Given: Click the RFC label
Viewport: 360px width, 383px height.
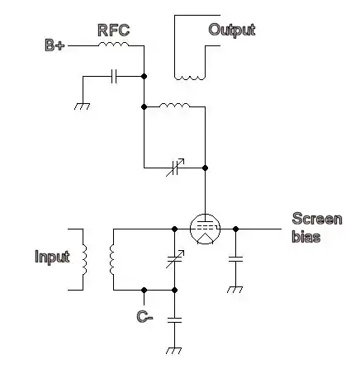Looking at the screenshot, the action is [x=114, y=31].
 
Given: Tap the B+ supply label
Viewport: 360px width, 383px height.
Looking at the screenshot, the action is [x=54, y=45].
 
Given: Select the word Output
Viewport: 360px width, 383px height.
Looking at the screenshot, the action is [x=232, y=30].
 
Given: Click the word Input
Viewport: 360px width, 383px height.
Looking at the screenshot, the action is [x=52, y=257].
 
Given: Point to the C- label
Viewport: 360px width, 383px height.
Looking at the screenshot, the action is [x=144, y=316].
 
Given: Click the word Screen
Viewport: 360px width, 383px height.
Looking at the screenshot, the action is [x=317, y=219].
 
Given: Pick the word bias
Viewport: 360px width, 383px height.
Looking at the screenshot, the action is [x=306, y=237].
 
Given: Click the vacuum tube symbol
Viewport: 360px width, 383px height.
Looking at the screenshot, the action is [x=205, y=229].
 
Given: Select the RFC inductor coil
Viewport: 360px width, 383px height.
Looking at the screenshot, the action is [x=114, y=44].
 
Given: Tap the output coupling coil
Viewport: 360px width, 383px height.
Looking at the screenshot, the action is [x=190, y=78].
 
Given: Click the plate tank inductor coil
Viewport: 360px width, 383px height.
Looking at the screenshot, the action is [x=174, y=105].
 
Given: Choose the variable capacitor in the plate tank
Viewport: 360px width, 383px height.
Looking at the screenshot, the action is [x=175, y=168].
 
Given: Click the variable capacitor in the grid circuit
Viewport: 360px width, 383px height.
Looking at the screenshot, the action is [x=175, y=259].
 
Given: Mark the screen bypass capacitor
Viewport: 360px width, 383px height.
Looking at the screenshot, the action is [x=235, y=259].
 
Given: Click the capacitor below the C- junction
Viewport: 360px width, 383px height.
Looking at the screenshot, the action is [x=174, y=320].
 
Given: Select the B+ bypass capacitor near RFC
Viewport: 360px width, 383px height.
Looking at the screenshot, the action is [x=114, y=76].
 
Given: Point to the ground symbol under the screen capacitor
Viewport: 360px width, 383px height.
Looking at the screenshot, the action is [x=234, y=290].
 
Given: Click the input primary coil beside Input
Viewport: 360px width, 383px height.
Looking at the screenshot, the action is [x=84, y=259].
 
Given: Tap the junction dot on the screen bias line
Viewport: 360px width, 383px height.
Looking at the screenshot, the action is [x=235, y=229].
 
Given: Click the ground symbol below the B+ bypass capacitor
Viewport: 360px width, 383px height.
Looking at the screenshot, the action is [x=82, y=106].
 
